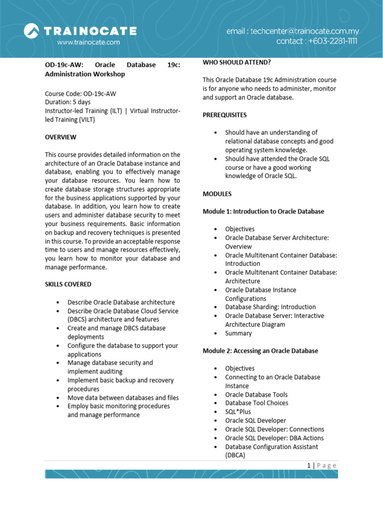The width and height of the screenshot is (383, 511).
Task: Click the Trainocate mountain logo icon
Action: click(x=31, y=31)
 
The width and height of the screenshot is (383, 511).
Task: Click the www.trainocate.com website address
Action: click(x=88, y=42)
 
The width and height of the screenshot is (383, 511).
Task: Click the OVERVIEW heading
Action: click(x=61, y=137)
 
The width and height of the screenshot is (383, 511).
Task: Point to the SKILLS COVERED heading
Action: click(x=68, y=284)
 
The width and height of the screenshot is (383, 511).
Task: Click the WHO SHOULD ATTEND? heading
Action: click(x=237, y=62)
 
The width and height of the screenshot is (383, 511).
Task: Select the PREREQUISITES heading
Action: click(x=224, y=115)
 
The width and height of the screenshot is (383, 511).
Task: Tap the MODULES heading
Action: click(x=217, y=194)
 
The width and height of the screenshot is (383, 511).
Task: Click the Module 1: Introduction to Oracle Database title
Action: click(x=263, y=211)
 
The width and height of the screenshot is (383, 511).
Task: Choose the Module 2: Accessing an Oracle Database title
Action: click(x=260, y=351)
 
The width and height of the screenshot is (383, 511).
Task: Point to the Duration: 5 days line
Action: click(x=68, y=102)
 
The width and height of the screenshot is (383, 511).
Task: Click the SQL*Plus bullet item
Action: click(x=238, y=412)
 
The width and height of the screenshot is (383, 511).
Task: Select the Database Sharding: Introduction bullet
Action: click(x=270, y=307)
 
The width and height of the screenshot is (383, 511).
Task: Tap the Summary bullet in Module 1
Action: click(x=238, y=333)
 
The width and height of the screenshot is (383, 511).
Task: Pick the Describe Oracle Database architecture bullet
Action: click(x=121, y=302)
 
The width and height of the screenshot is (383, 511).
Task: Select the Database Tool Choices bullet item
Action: click(x=256, y=403)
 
